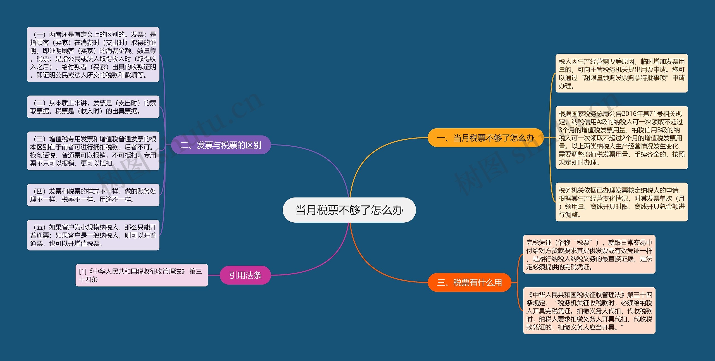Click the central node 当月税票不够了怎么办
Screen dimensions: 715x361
349,210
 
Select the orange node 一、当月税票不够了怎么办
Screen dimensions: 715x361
485,138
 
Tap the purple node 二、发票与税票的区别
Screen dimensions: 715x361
221,145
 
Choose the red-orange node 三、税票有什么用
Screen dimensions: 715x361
469,282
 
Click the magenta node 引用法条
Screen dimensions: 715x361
245,275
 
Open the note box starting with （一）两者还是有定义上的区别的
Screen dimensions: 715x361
93,54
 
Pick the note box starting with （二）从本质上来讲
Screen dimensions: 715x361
93,107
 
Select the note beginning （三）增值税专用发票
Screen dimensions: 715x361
93,151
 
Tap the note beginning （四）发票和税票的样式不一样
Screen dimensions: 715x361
93,195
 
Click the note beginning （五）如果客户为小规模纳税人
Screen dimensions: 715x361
93,235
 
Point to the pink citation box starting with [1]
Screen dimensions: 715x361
142,275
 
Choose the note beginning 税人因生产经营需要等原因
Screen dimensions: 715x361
621,73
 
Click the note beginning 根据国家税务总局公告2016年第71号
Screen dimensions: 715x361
621,138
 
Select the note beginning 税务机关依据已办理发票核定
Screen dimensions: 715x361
621,202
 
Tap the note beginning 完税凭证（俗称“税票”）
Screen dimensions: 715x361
589,254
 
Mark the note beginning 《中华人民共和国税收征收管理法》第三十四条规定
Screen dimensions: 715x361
589,310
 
